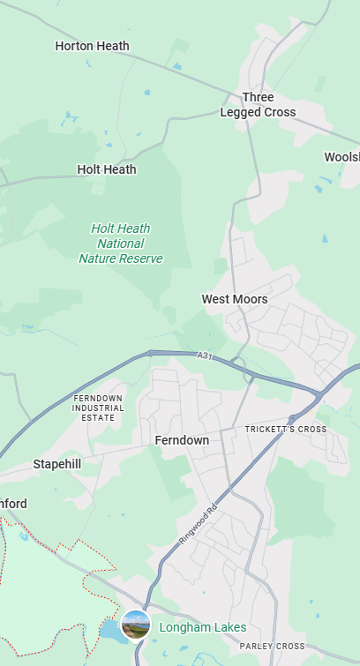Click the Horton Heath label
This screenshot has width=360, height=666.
[92, 46]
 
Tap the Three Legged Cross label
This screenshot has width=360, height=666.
[258, 105]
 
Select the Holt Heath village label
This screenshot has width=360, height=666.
[107, 169]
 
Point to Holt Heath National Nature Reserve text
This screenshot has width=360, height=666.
[121, 243]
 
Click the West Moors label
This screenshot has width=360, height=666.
[234, 299]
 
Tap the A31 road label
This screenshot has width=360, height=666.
[205, 355]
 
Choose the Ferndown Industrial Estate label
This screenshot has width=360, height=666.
[98, 408]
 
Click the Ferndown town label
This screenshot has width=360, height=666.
[182, 440]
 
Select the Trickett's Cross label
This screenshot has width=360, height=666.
[286, 430]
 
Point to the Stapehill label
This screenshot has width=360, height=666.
[56, 464]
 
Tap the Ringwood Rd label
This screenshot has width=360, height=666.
[199, 524]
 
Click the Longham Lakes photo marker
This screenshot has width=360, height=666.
[136, 625]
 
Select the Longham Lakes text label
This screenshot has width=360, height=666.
[202, 627]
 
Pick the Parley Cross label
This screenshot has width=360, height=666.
[272, 647]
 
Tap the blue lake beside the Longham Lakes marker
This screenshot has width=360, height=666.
[110, 630]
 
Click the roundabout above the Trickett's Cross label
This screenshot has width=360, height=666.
[292, 418]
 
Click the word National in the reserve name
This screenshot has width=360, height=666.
[121, 243]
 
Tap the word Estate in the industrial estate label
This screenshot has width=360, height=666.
[98, 417]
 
